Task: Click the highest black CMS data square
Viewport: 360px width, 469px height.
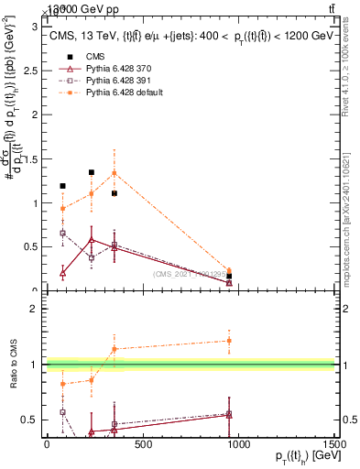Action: pyautogui.click(x=92, y=172)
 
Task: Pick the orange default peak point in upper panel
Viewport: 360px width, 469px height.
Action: pyautogui.click(x=114, y=172)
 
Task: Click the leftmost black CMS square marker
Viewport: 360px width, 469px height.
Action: pyautogui.click(x=62, y=186)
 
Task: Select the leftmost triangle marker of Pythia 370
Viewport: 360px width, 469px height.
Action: pyautogui.click(x=62, y=273)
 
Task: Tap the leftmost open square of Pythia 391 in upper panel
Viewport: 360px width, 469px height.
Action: pyautogui.click(x=62, y=233)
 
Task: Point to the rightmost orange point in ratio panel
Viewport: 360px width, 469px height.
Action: pyautogui.click(x=229, y=341)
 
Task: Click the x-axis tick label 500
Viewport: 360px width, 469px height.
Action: pyautogui.click(x=142, y=445)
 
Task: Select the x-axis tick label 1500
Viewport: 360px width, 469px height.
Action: pyautogui.click(x=335, y=445)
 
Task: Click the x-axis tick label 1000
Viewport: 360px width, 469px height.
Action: pyautogui.click(x=238, y=445)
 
